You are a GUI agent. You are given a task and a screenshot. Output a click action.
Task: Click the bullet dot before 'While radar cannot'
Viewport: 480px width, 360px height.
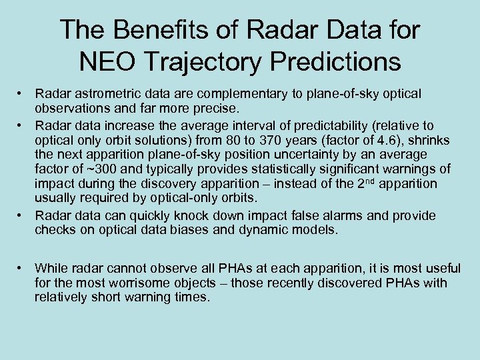pos(22,269)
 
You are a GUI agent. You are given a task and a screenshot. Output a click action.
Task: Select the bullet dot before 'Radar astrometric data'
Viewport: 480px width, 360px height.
pos(22,95)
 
